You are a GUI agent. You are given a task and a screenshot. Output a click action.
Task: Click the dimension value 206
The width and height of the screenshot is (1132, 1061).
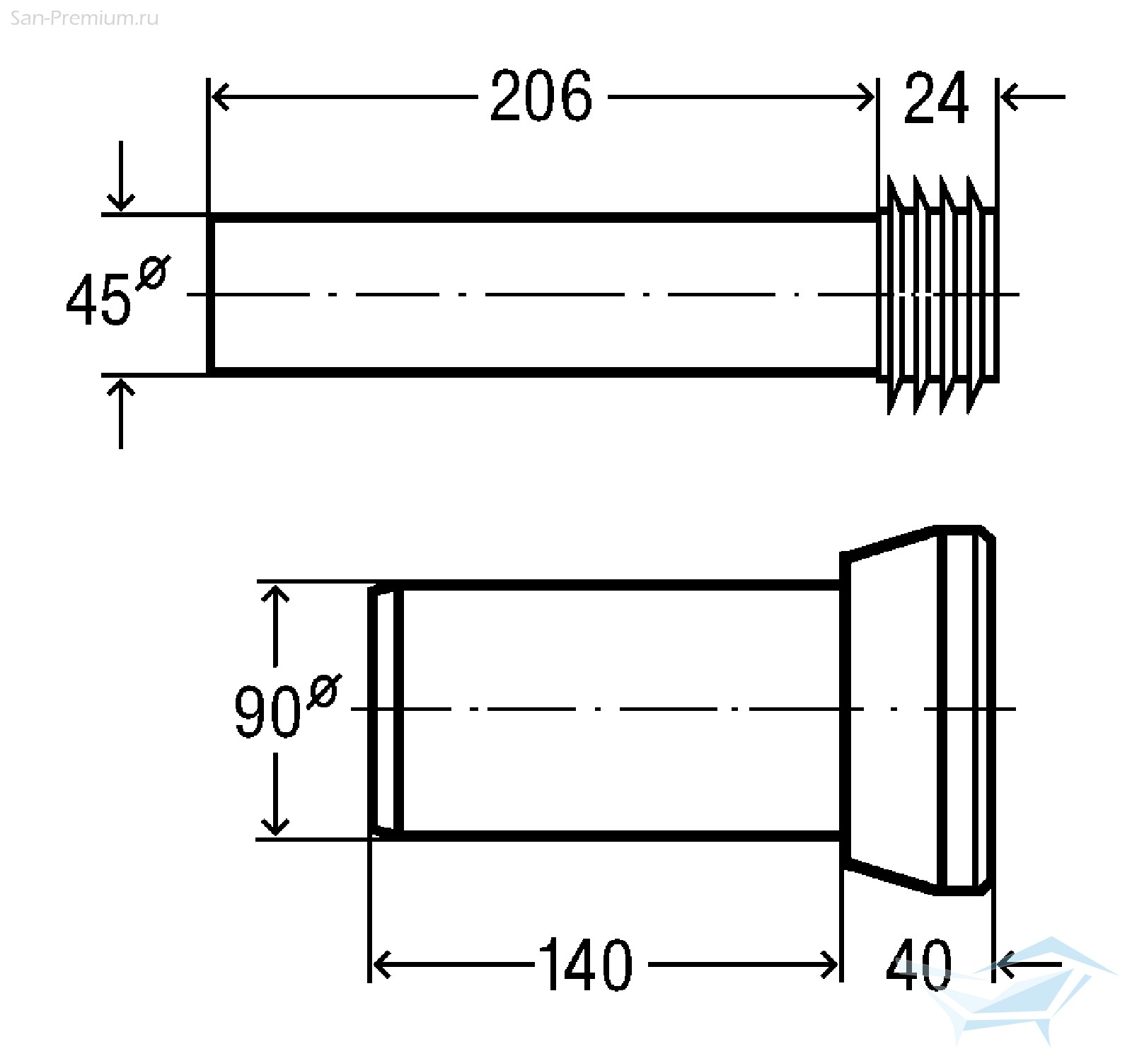pos(541,96)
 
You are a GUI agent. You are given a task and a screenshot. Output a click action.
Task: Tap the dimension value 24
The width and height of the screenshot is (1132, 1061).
pos(936,98)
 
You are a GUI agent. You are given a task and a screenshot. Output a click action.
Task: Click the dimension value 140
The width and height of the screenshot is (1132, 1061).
pos(585,964)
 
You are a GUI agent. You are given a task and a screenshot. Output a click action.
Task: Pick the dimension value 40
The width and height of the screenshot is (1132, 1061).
pos(919,964)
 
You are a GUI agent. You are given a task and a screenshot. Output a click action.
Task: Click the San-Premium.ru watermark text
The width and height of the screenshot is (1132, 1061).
pos(84,18)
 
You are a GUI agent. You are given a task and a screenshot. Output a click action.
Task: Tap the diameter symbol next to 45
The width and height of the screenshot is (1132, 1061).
pos(153,272)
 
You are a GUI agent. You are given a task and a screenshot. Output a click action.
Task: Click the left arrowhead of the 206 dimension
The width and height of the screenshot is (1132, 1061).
pos(221,97)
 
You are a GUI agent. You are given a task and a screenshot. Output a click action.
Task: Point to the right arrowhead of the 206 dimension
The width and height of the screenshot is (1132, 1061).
pos(865,97)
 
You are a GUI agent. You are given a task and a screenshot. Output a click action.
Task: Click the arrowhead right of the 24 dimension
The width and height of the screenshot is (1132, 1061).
pos(1010,97)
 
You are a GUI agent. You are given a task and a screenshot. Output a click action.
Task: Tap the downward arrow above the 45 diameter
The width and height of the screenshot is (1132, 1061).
pos(122,175)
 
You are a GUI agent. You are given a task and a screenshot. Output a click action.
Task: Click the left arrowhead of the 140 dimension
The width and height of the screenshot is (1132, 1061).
pos(381,964)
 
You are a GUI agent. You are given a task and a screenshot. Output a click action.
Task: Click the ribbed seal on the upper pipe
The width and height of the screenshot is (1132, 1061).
pos(938,294)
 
